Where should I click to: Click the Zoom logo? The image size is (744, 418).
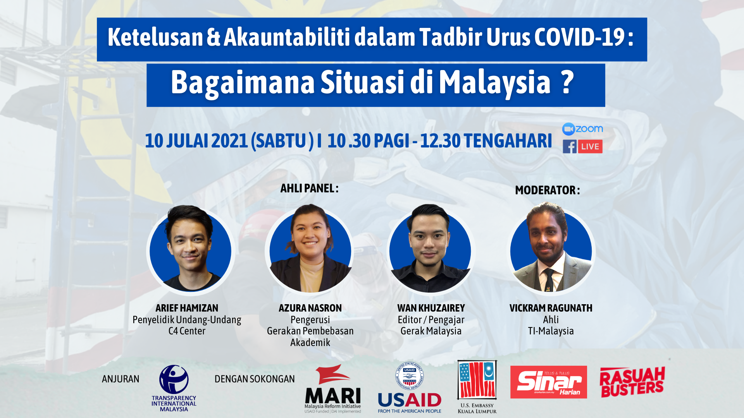tap(582, 129)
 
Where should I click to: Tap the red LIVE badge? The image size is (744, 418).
tap(590, 147)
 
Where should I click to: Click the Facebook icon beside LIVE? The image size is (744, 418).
tap(570, 147)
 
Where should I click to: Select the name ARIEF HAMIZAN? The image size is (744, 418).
tap(187, 308)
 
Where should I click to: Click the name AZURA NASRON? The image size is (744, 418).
tap(310, 308)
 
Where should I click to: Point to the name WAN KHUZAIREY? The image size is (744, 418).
tap(431, 308)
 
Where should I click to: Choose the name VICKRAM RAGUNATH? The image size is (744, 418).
tap(551, 308)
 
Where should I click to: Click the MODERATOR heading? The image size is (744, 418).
tap(547, 190)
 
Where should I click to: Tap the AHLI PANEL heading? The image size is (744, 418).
tap(309, 188)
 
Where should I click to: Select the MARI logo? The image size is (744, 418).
tap(332, 389)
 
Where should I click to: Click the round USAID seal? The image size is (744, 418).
tap(410, 375)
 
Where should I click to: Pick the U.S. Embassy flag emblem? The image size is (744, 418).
tap(477, 380)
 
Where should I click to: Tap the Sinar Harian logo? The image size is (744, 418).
tap(548, 382)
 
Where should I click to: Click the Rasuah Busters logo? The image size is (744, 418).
tap(632, 382)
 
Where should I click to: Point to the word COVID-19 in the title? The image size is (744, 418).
tap(579, 38)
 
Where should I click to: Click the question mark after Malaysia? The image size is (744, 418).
tap(567, 82)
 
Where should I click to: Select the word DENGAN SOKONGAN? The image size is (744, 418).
tap(255, 379)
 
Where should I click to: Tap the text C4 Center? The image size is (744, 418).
tap(187, 331)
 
